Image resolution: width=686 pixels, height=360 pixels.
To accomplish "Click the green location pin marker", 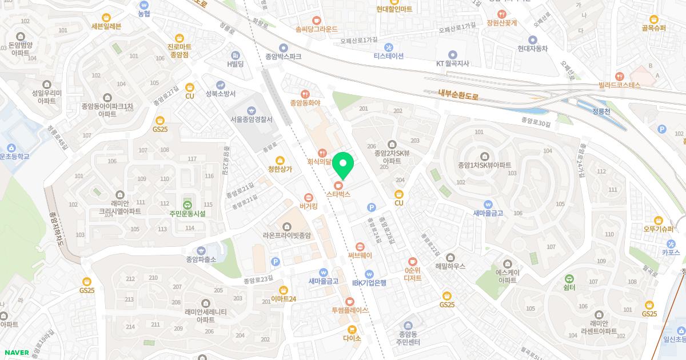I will (343, 165).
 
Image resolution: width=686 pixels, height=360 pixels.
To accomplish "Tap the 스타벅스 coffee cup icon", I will (338, 185).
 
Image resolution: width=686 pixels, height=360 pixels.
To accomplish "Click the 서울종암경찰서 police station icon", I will (251, 110).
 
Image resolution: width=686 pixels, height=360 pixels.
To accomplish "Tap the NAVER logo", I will (16, 353).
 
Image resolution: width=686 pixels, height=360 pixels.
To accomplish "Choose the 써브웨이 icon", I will (360, 246).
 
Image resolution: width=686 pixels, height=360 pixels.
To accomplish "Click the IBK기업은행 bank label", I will (369, 282).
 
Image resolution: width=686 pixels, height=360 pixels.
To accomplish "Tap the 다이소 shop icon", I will (352, 329).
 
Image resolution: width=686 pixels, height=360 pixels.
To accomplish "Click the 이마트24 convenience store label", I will (284, 299).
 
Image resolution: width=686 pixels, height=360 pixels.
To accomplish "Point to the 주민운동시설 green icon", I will (187, 205).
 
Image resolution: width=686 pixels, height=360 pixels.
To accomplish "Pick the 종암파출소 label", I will (201, 259).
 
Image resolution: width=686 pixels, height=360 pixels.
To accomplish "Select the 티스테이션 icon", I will (389, 47).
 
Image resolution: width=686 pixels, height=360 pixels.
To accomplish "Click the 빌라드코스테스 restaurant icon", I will (619, 76).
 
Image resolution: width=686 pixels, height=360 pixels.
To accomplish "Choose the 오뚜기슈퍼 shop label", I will (659, 229).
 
